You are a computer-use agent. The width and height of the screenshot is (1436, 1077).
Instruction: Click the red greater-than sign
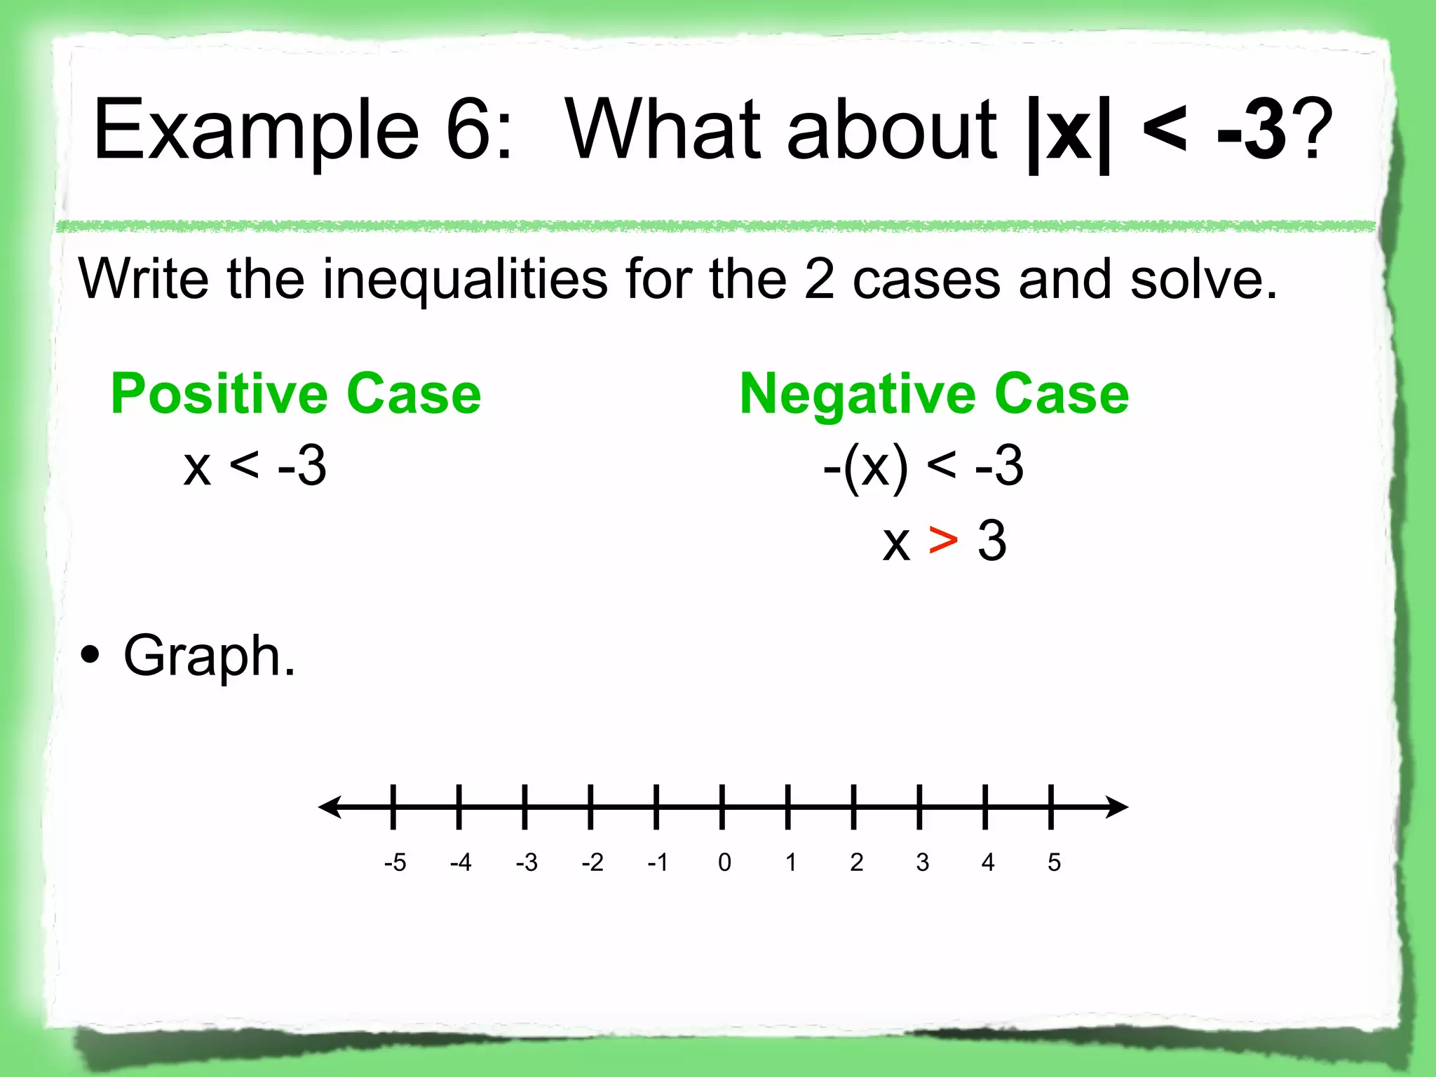pyautogui.click(x=943, y=541)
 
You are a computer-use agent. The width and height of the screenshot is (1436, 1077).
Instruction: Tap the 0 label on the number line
pyautogui.click(x=724, y=862)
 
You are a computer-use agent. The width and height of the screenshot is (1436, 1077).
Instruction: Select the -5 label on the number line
pyautogui.click(x=395, y=862)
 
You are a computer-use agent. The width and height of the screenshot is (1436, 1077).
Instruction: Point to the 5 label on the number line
pyautogui.click(x=1054, y=862)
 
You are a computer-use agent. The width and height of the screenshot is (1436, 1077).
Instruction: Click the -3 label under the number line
pyautogui.click(x=527, y=862)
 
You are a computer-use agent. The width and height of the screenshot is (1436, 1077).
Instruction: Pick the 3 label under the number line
pyautogui.click(x=922, y=862)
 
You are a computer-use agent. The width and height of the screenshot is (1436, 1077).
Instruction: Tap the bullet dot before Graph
pyautogui.click(x=90, y=656)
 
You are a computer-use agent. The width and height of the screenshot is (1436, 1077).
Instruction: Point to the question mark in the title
pyautogui.click(x=1310, y=130)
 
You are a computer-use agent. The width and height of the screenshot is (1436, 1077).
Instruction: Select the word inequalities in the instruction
pyautogui.click(x=465, y=279)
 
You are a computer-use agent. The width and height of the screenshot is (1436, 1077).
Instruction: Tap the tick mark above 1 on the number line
pyautogui.click(x=788, y=807)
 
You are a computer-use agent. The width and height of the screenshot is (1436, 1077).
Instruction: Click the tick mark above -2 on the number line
pyautogui.click(x=590, y=807)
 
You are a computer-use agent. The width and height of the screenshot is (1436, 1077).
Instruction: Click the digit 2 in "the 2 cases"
pyautogui.click(x=819, y=279)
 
